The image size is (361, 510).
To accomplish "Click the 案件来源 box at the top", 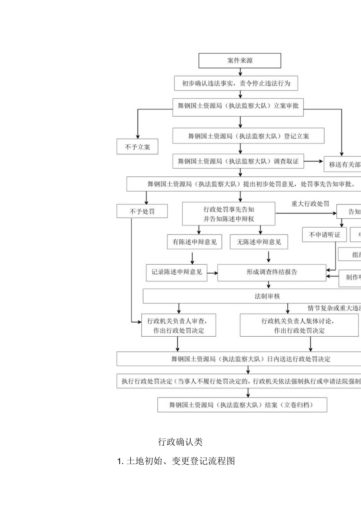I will coord(240,61).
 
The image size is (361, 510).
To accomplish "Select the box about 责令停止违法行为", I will coord(236,83).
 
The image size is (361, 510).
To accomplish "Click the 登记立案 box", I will coord(248,136).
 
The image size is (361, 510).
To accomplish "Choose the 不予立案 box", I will coord(137,147).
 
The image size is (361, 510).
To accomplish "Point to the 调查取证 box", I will coord(238,161).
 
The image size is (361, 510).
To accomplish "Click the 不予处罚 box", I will coord(142,212).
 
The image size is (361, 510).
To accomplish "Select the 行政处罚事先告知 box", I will coord(229,214).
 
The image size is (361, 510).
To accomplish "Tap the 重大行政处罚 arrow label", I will coord(310,204).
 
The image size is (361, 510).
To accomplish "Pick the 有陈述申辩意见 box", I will coord(192,242).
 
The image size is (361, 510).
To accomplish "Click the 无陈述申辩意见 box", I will coord(259,242).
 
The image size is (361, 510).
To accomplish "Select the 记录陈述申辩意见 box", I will coord(177,272).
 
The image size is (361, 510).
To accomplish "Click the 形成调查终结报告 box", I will coord(272,272).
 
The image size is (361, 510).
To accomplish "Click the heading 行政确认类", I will coord(180,442).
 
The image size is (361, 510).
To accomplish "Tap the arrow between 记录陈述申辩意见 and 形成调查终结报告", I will coord(212,272).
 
